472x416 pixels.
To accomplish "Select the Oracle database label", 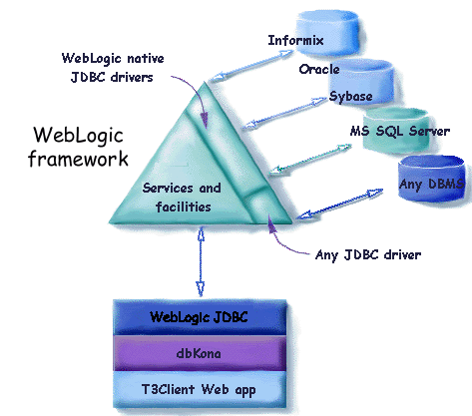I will click(x=319, y=70).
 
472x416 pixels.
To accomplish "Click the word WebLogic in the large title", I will click(x=80, y=134).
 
